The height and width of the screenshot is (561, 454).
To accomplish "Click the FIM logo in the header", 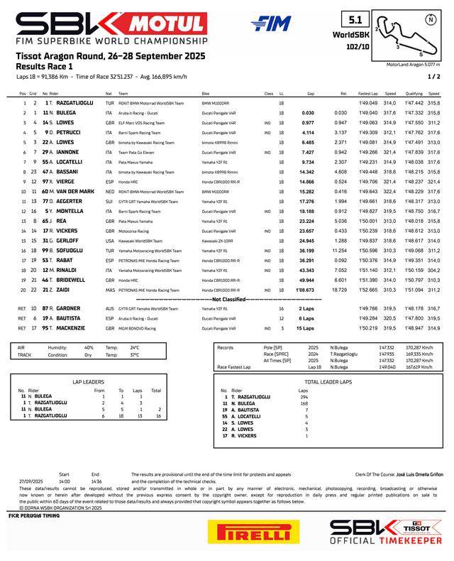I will point(271,23).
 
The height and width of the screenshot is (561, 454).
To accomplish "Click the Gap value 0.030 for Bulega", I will point(307,112).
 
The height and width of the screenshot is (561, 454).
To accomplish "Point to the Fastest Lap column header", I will point(367,93).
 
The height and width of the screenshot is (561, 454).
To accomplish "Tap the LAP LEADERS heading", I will point(89,381).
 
